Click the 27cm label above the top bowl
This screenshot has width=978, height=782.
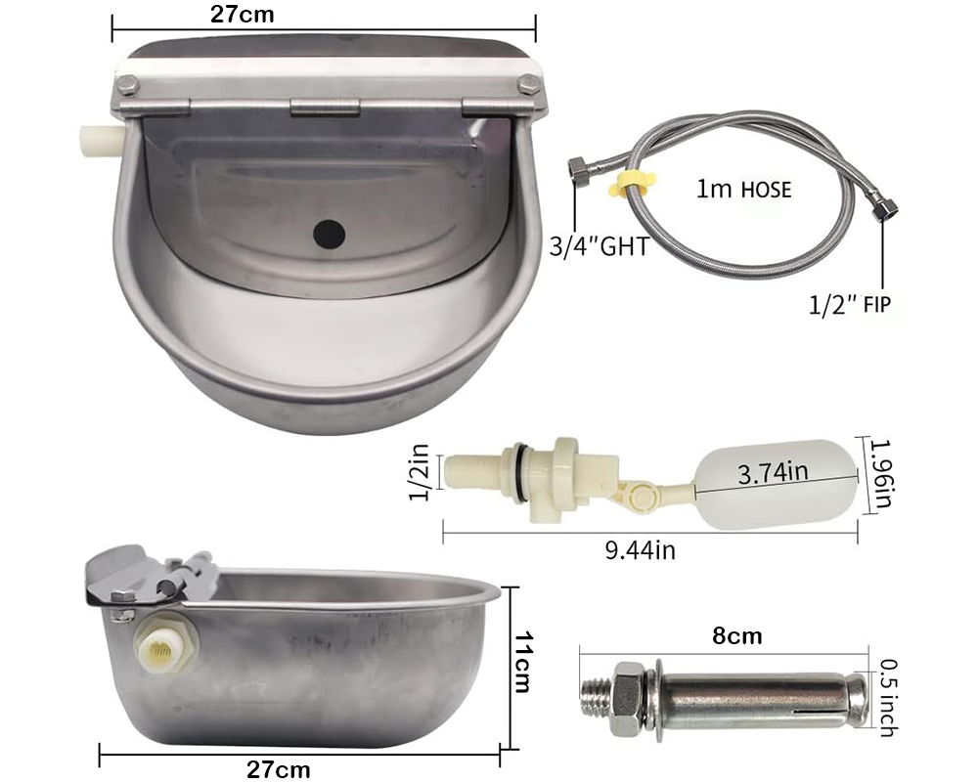[x=243, y=14]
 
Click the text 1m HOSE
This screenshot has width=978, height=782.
[x=743, y=189]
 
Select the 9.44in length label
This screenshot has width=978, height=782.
[x=641, y=550]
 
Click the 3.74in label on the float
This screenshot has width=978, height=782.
[x=773, y=473]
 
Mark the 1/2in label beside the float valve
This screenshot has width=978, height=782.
[x=419, y=473]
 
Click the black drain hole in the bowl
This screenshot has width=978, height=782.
[x=330, y=233]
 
